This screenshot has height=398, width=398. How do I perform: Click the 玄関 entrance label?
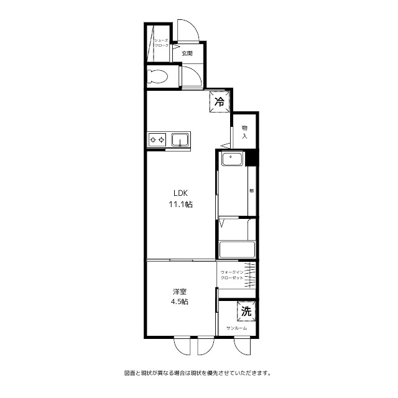coord(187,53)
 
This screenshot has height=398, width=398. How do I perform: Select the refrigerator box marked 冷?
coord(220,100)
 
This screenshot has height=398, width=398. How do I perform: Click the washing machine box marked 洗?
coord(246,310)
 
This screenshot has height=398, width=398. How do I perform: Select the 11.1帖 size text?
coord(180,204)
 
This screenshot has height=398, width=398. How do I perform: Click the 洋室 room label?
coord(180,291)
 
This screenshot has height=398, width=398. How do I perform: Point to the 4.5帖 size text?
coord(180,302)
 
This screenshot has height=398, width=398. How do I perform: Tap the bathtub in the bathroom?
coord(236,249)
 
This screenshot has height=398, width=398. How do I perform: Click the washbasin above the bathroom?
coord(232,159)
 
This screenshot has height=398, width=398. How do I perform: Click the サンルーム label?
coord(236,328)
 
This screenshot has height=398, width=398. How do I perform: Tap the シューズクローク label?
coord(161,42)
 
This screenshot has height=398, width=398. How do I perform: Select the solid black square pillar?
coord(251,158)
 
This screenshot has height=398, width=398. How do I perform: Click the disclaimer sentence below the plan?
coord(198,374)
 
